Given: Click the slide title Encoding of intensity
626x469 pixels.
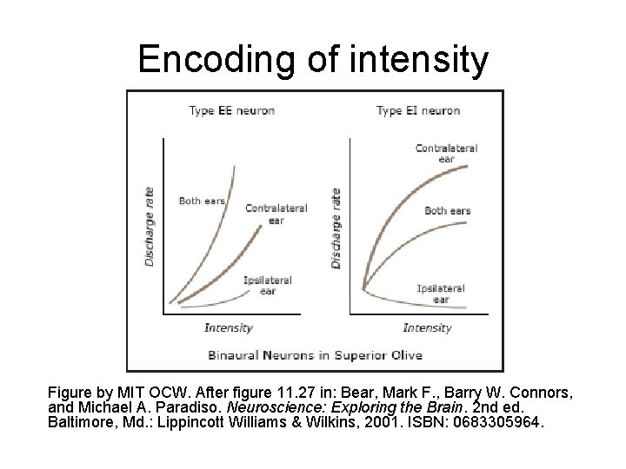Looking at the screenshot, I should pos(313,59).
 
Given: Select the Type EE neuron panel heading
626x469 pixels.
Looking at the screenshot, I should pos(231,110).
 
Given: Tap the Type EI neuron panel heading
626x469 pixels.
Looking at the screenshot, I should pos(418,110).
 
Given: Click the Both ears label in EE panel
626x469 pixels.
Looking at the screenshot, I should pos(202,201).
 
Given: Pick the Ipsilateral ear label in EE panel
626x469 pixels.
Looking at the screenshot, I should pos(267,286).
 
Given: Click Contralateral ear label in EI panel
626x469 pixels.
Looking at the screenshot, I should pos(446,154).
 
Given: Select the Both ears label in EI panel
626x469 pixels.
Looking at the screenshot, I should pos(448,210).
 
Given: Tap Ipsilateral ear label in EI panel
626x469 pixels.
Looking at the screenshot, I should pos(441,294).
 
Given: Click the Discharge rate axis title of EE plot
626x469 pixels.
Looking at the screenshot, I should pos(150,226).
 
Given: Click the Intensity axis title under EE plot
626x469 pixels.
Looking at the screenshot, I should pos(229,327).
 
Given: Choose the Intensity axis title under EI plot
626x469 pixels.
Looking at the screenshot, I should pos(427,327).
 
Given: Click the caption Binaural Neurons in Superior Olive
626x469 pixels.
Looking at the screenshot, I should pos(315,354).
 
